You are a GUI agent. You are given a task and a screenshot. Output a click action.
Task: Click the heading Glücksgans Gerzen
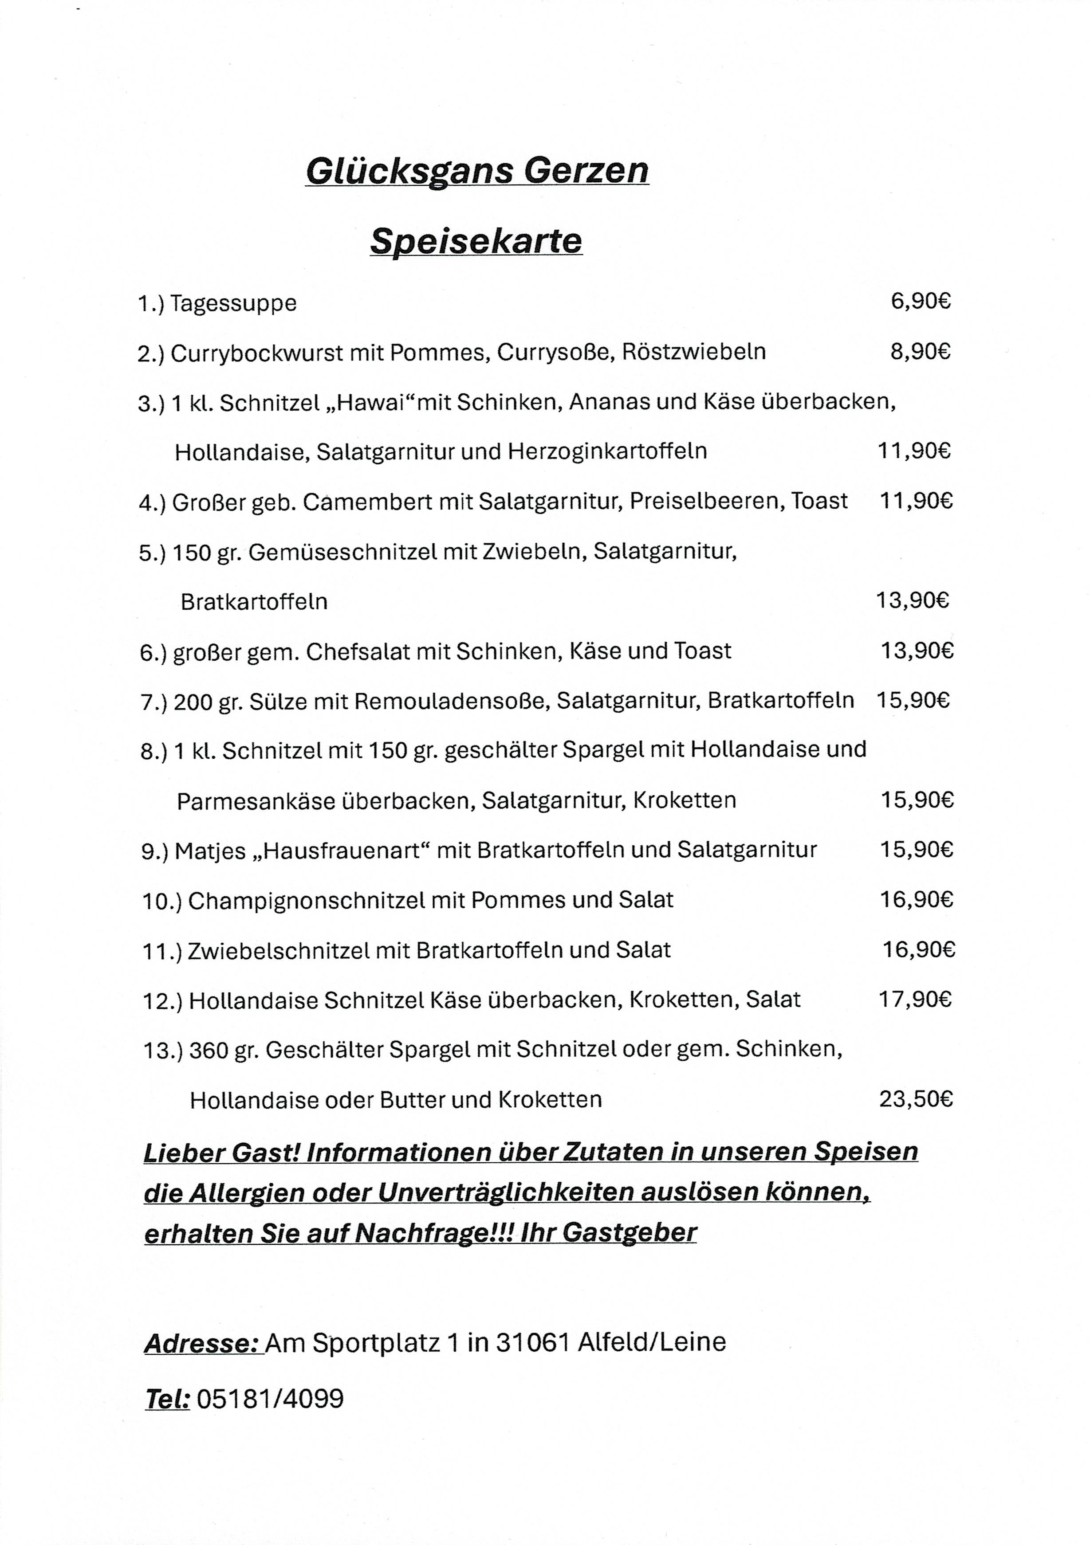pos(476,171)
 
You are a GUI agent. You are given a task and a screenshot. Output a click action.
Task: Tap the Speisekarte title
pos(476,241)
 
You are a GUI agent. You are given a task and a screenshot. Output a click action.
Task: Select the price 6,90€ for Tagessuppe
pos(921,302)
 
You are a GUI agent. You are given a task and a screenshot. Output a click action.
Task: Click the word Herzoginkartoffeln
pos(607,451)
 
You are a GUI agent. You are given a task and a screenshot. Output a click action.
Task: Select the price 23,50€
pos(916,1099)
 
